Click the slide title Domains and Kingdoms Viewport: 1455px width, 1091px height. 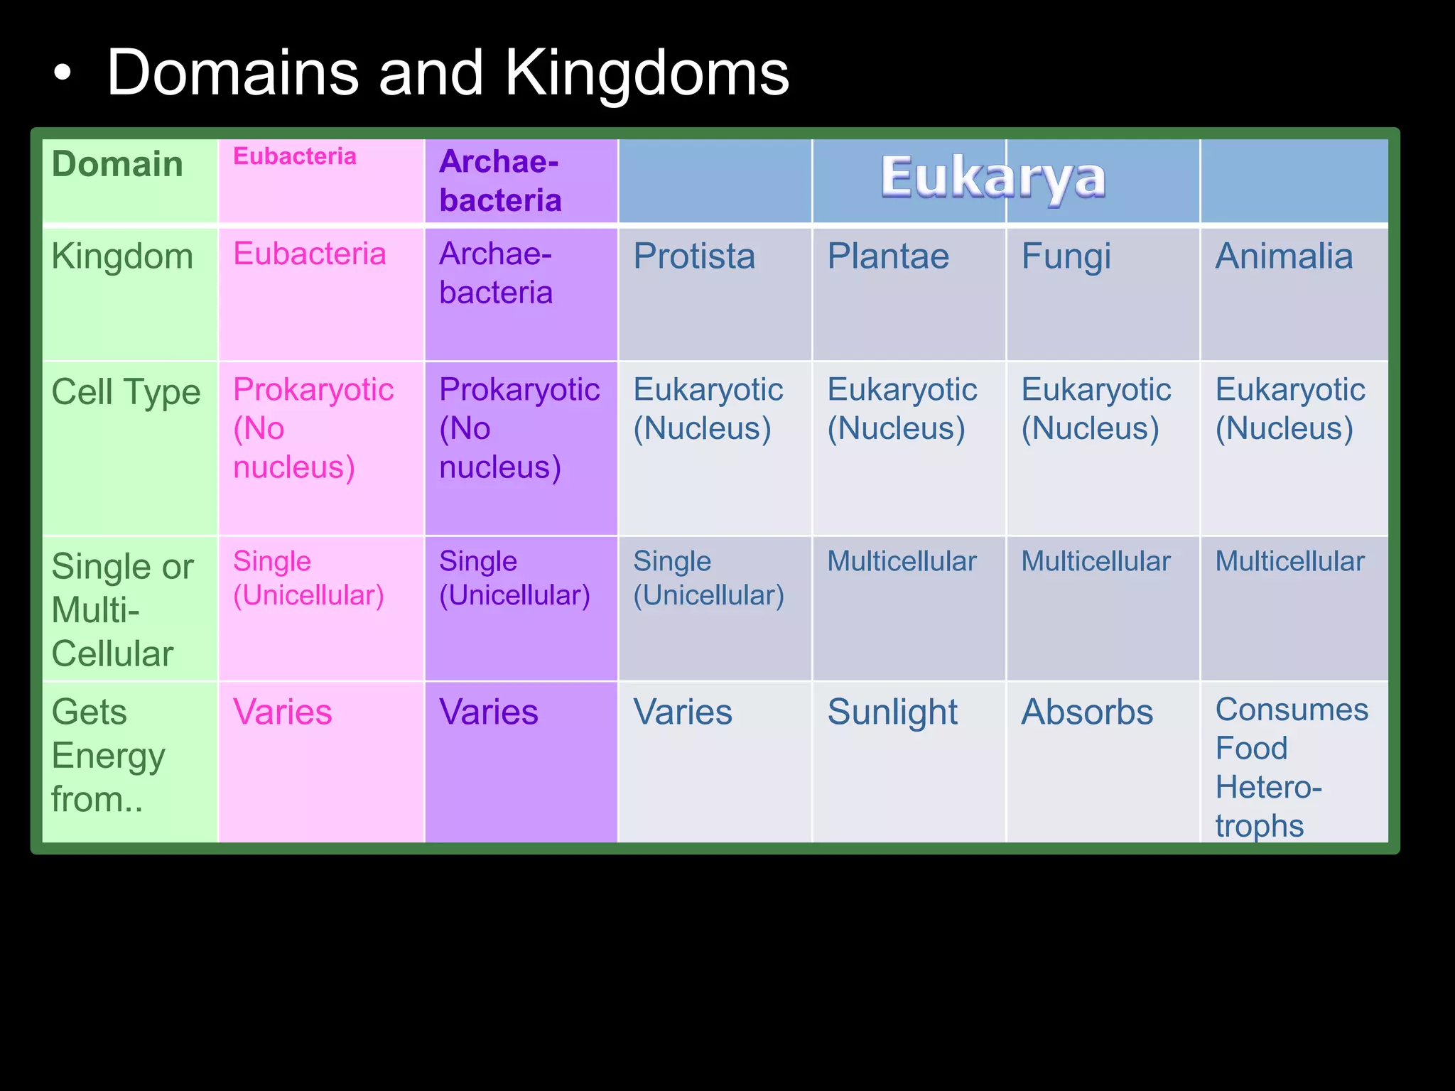448,73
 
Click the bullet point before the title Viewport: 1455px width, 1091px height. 63,74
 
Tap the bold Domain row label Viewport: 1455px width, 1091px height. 117,164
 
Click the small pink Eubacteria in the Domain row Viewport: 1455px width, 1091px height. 295,156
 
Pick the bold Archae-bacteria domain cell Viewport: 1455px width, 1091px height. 500,181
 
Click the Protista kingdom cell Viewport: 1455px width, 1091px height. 694,256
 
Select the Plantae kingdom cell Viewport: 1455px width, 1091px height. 888,256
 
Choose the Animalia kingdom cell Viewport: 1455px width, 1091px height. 1284,256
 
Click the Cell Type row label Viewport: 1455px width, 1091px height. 126,393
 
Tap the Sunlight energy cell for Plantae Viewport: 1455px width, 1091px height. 892,713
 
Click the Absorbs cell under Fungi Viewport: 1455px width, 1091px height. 1087,712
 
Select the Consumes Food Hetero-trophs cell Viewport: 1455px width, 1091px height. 1291,767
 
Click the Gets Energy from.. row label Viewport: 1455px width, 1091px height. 108,756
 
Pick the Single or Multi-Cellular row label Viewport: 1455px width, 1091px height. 122,610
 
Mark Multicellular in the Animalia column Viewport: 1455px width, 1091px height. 1289,562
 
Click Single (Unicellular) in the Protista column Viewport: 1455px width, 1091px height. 708,578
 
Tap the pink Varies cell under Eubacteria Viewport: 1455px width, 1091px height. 283,712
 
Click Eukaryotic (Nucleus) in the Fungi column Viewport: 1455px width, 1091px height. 1096,409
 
